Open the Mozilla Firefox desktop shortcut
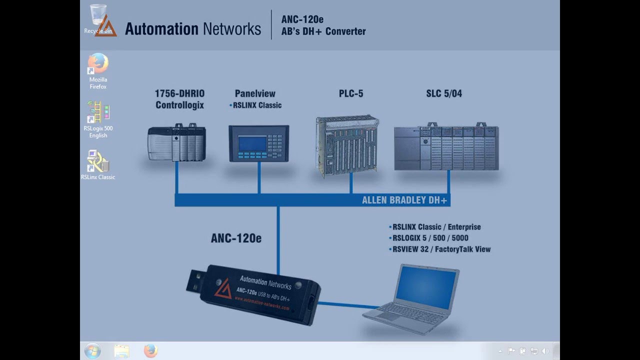point(98,64)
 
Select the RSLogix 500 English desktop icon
point(98,112)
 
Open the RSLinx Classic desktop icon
point(98,161)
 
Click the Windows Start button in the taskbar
point(92,351)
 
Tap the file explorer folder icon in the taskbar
point(121,351)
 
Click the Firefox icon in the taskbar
point(150,351)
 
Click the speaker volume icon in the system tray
point(544,351)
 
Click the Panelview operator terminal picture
point(258,143)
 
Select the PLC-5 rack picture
point(347,146)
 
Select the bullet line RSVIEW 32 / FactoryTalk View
point(441,249)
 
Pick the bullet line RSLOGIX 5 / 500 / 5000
point(430,238)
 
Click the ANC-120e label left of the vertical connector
point(236,238)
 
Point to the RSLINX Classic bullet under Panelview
point(256,105)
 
